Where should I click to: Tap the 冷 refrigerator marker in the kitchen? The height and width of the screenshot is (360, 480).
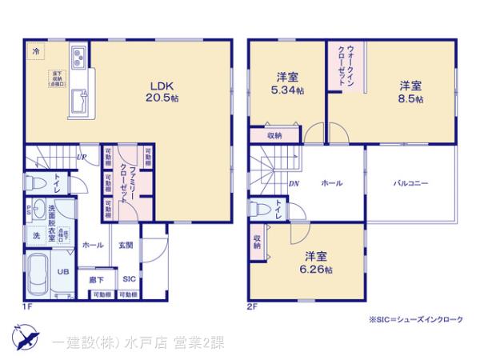36,50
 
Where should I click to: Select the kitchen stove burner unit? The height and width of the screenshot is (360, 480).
80,56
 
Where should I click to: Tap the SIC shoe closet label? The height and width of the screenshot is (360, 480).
129,279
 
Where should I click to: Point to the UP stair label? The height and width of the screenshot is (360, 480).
81,157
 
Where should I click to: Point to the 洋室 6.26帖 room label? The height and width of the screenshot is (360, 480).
313,262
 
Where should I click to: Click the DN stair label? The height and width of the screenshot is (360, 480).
294,183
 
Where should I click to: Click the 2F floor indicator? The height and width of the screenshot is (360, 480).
251,306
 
